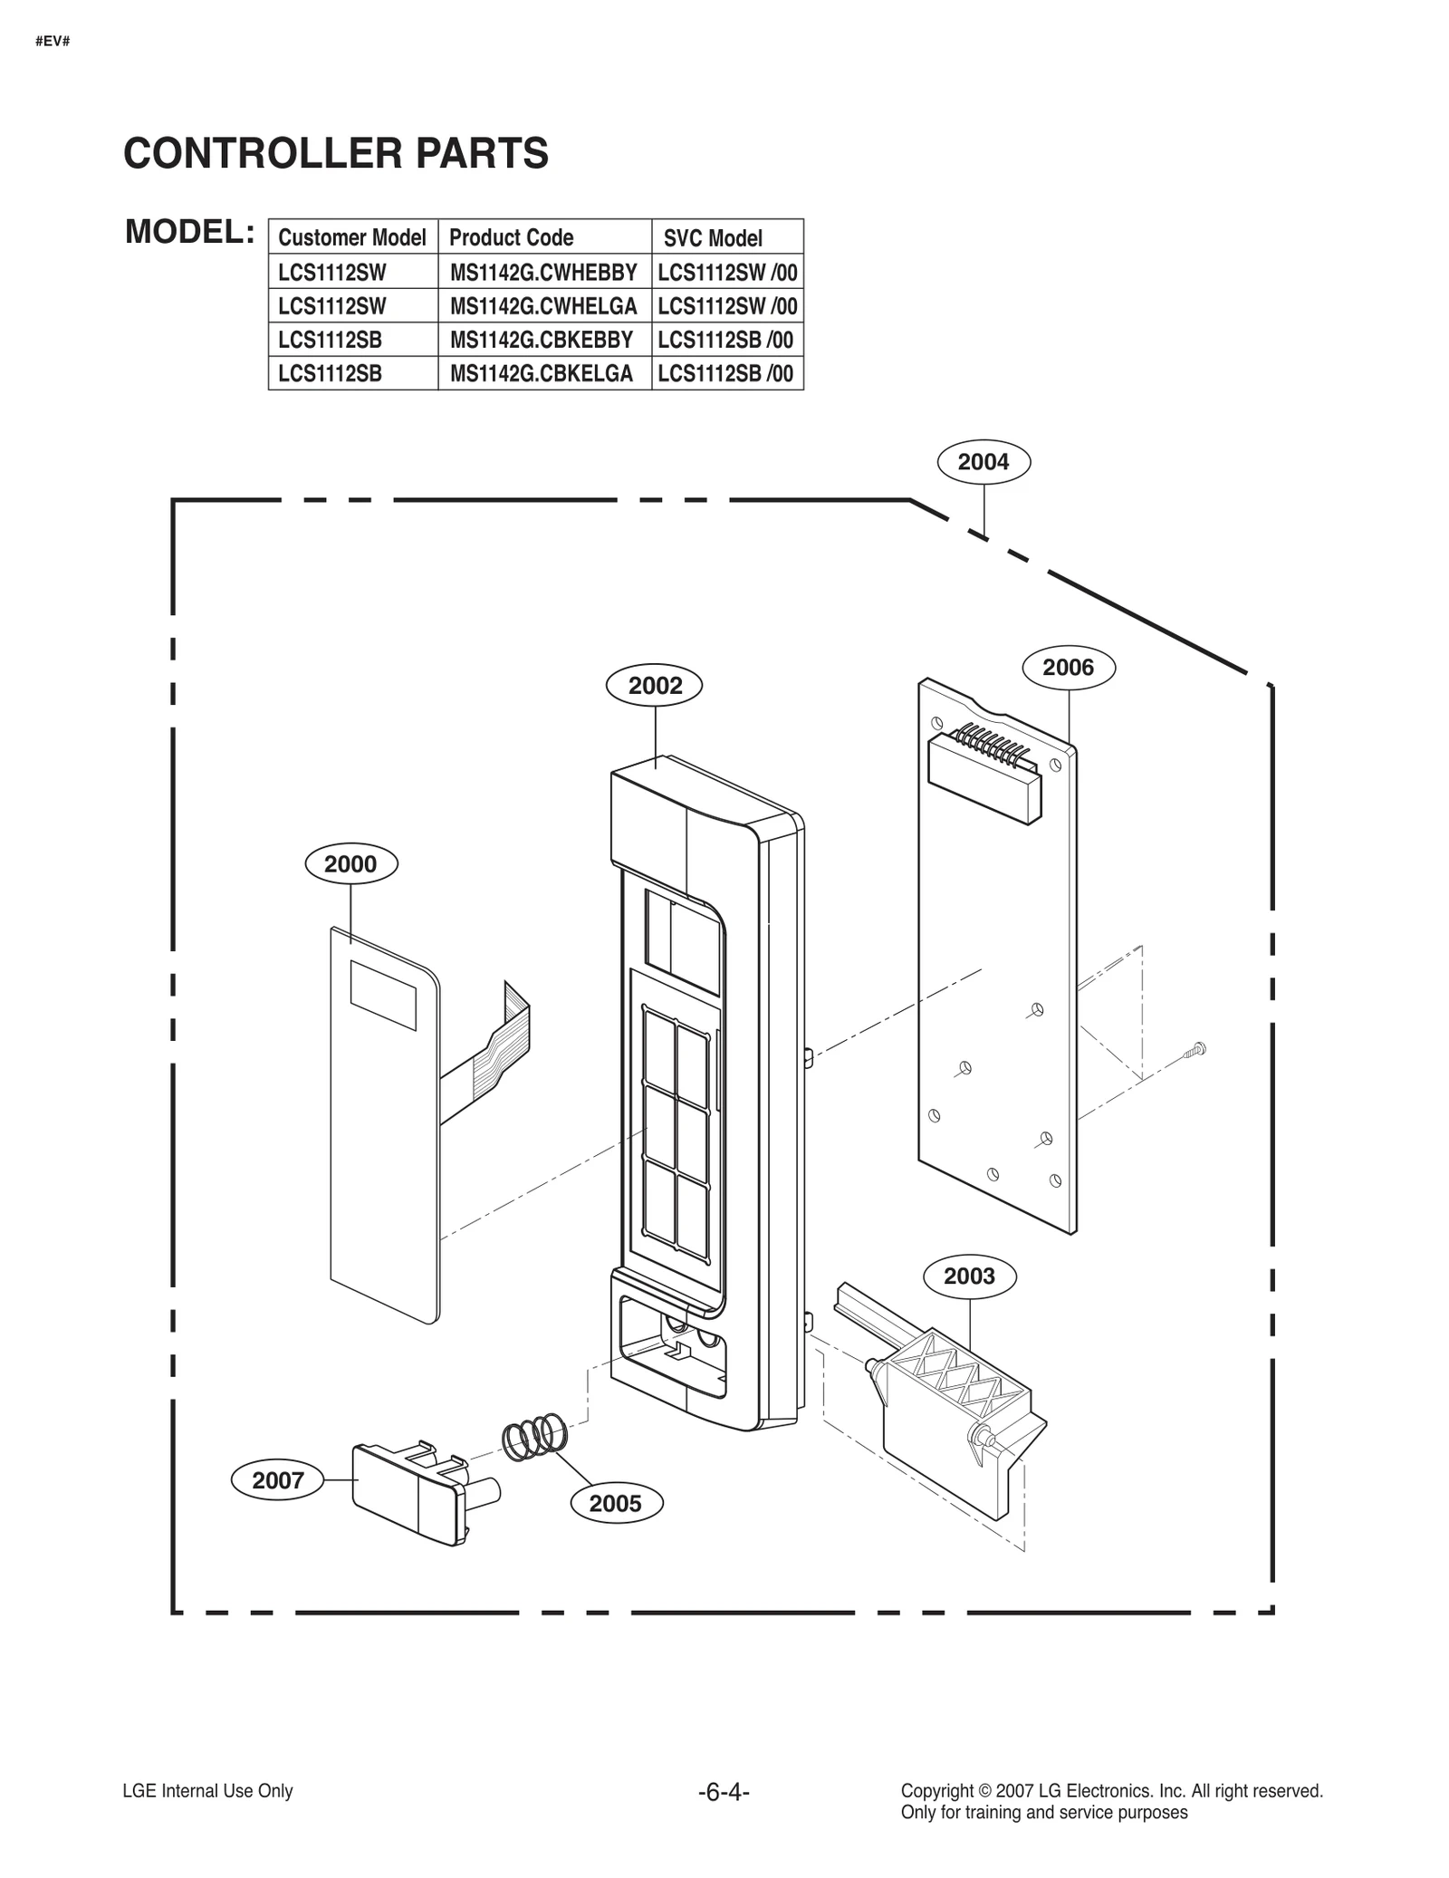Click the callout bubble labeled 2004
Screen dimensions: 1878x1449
click(x=983, y=462)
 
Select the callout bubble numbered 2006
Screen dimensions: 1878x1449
click(x=1068, y=668)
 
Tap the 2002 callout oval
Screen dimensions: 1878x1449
click(x=654, y=686)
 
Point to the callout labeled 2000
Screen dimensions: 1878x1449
click(x=350, y=863)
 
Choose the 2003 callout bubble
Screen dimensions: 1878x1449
click(x=969, y=1276)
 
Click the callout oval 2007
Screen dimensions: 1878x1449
click(x=277, y=1480)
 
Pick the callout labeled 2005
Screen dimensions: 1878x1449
click(x=616, y=1503)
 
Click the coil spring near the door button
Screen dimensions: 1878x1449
click(x=534, y=1436)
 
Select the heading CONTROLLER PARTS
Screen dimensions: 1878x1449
click(x=336, y=153)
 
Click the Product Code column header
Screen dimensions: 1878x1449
click(x=512, y=237)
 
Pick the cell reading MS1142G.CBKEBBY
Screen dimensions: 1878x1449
click(x=542, y=340)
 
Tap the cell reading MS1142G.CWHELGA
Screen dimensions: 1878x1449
click(x=543, y=306)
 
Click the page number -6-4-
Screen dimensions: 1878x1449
click(x=724, y=1792)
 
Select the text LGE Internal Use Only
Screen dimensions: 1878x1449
click(x=207, y=1791)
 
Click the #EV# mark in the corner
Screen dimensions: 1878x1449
click(x=53, y=42)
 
